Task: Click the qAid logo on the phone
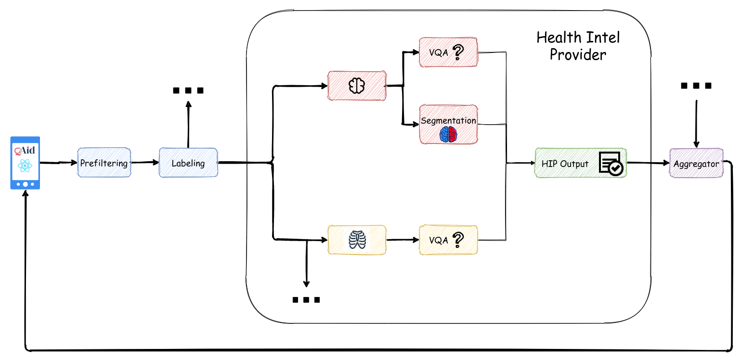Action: (x=25, y=150)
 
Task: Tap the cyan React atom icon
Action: (x=25, y=166)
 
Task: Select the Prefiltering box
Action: (x=104, y=163)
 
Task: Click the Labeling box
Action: (x=188, y=163)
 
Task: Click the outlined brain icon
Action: (x=356, y=86)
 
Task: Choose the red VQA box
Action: (x=448, y=52)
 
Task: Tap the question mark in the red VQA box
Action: (x=457, y=52)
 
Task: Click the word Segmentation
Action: (x=448, y=120)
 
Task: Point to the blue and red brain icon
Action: (x=448, y=134)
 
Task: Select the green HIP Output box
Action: (x=581, y=163)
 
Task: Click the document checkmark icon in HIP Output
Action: (x=611, y=163)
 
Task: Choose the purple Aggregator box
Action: (x=696, y=163)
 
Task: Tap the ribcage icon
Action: (x=357, y=240)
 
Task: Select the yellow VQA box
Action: (x=448, y=240)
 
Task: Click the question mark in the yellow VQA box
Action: (x=457, y=239)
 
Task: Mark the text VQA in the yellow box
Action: (x=438, y=240)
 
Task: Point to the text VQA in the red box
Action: (x=438, y=52)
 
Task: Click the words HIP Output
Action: (x=565, y=164)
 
